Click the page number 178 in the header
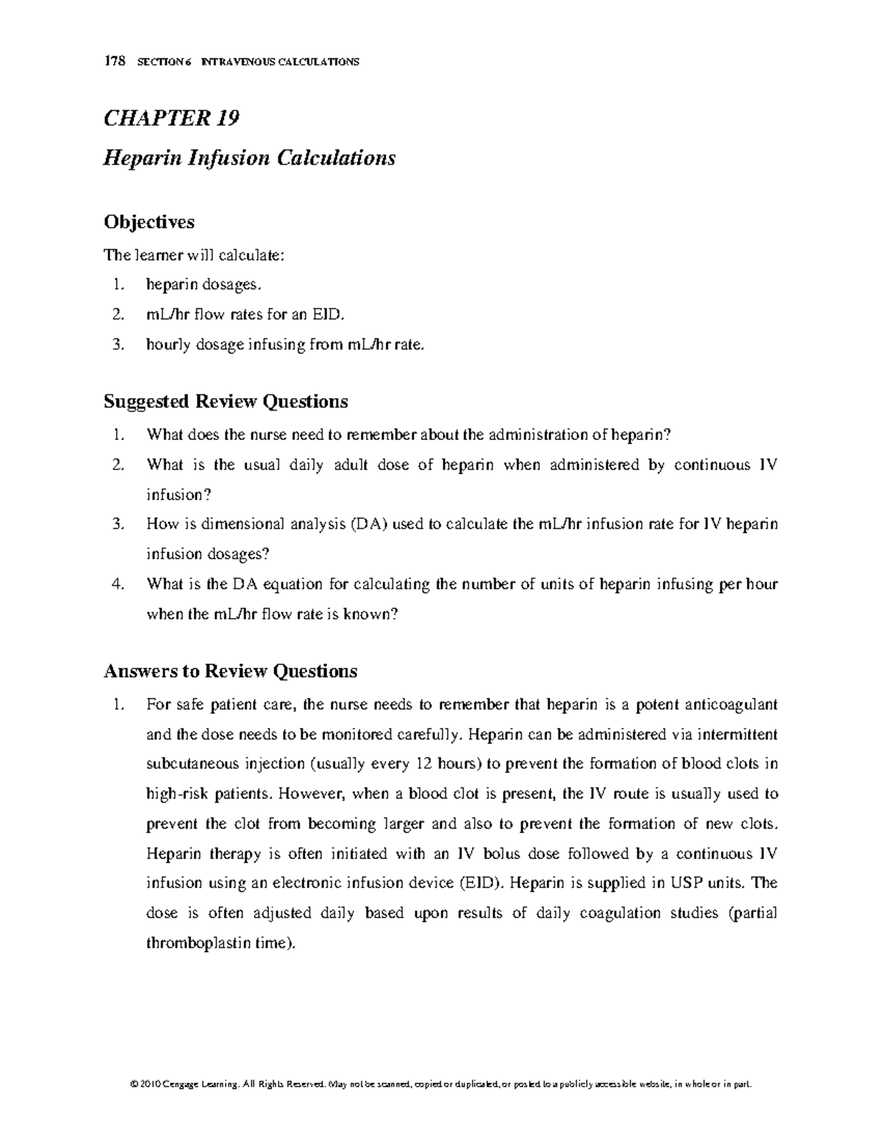pyautogui.click(x=113, y=62)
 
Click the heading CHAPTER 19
pyautogui.click(x=172, y=118)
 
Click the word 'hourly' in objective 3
pyautogui.click(x=166, y=345)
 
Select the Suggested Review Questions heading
pyautogui.click(x=226, y=401)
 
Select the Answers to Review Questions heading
pyautogui.click(x=230, y=671)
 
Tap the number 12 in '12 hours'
pyautogui.click(x=423, y=764)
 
